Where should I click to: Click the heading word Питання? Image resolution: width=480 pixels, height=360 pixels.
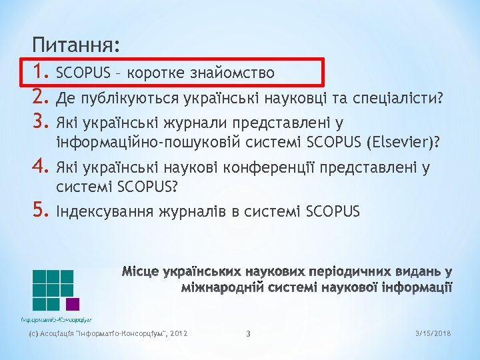[75, 45]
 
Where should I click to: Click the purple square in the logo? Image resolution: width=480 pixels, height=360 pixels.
[73, 304]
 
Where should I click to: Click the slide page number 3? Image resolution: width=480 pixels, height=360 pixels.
[247, 333]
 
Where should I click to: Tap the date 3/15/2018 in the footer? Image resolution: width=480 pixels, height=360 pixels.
[432, 332]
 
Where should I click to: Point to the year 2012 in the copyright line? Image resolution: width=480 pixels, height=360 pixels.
[179, 332]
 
